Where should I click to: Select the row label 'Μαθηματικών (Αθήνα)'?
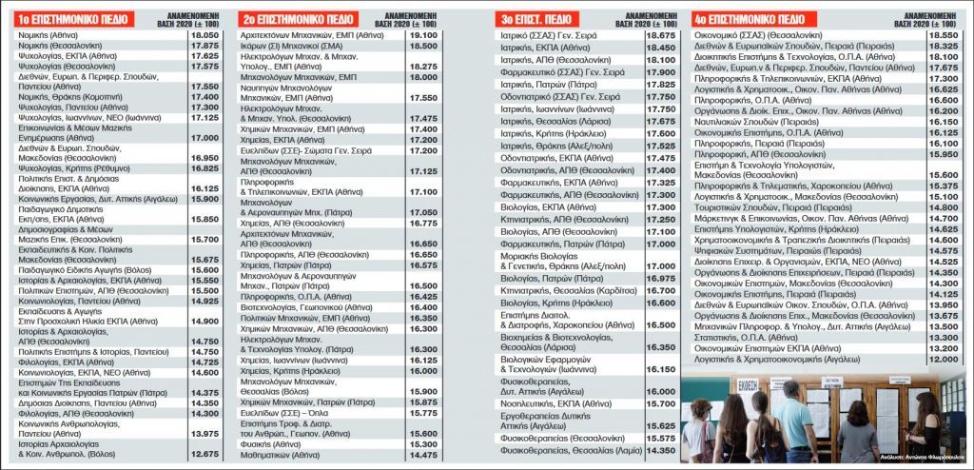[x=277, y=455]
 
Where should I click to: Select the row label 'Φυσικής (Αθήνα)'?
[x=265, y=443]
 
